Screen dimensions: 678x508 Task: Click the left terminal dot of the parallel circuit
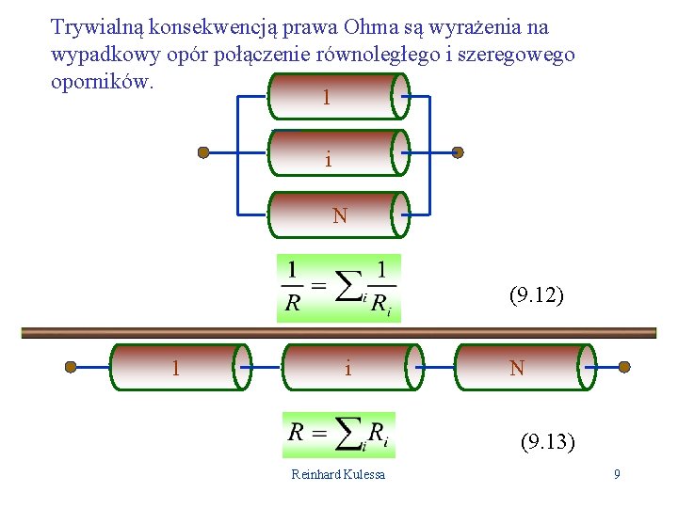pos(203,151)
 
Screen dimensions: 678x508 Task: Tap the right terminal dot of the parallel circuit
pos(459,151)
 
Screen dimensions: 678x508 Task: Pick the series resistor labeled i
pos(348,367)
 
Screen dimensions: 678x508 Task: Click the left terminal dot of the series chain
pos(71,368)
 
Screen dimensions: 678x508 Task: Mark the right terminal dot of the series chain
pos(623,368)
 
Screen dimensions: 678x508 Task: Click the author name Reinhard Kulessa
pos(338,474)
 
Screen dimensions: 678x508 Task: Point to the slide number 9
pos(617,474)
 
